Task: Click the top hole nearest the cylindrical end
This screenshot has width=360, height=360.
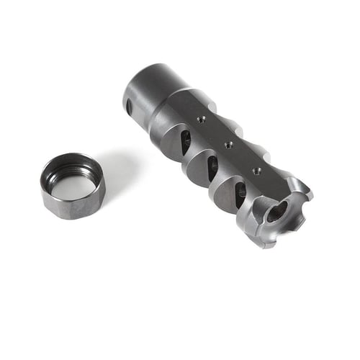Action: [202, 120]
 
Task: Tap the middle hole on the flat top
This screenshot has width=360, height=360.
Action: [228, 145]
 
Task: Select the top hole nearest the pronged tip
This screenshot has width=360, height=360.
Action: [256, 171]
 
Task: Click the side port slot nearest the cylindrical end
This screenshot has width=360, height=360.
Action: [185, 141]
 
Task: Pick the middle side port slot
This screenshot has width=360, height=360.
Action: [212, 168]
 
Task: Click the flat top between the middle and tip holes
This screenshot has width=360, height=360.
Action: [242, 158]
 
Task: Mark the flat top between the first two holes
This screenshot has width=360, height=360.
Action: [215, 132]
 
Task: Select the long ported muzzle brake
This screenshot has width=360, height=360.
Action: [216, 151]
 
